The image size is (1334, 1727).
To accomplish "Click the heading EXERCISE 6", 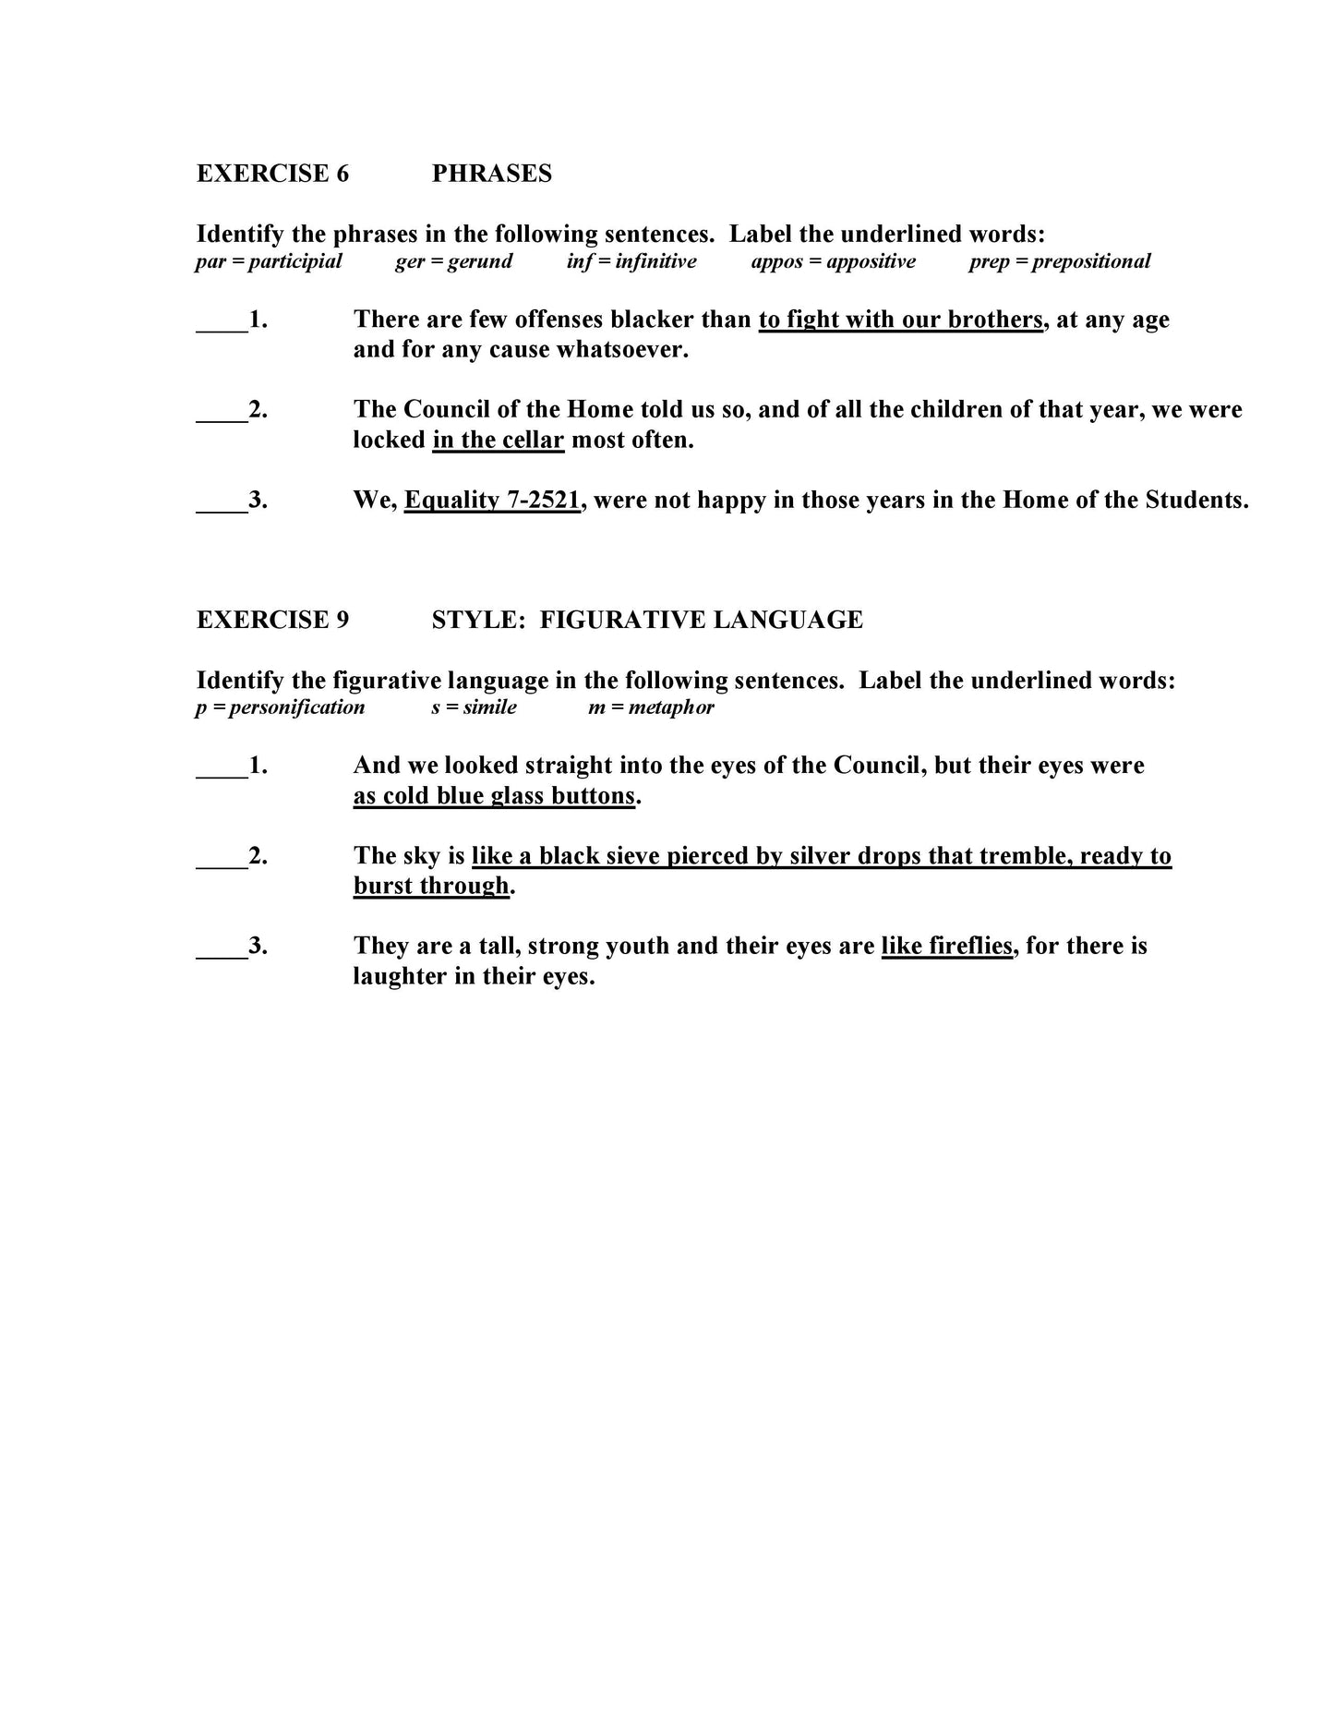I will [x=272, y=174].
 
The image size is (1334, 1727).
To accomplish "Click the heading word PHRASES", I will [x=491, y=174].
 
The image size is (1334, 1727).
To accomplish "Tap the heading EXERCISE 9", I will [x=272, y=620].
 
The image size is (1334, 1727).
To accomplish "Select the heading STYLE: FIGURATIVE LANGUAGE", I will [x=647, y=620].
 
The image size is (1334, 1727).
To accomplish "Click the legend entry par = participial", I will [x=269, y=261].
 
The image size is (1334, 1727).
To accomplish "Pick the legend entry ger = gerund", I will [x=453, y=261].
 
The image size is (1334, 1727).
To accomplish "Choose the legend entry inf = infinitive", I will [x=631, y=261].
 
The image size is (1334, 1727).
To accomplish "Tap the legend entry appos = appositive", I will [x=833, y=261].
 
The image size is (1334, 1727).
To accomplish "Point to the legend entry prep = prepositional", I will [x=1059, y=261].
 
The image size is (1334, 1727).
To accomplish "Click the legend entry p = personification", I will [x=280, y=707].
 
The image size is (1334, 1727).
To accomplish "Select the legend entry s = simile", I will [x=474, y=707].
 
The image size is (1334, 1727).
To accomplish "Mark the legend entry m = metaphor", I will [x=651, y=707].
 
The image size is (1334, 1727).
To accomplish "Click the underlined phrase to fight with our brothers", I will [x=900, y=320].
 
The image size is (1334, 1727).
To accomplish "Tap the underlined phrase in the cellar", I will [x=498, y=440].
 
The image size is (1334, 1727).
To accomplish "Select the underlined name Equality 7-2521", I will [x=492, y=500].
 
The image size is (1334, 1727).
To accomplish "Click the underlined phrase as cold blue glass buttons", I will [x=494, y=796].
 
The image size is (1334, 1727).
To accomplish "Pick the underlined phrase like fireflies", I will [x=946, y=946].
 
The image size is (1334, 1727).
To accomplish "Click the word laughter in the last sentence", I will [x=400, y=976].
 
